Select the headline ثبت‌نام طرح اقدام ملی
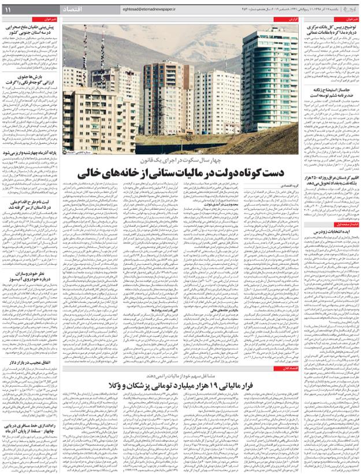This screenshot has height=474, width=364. pos(31,205)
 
